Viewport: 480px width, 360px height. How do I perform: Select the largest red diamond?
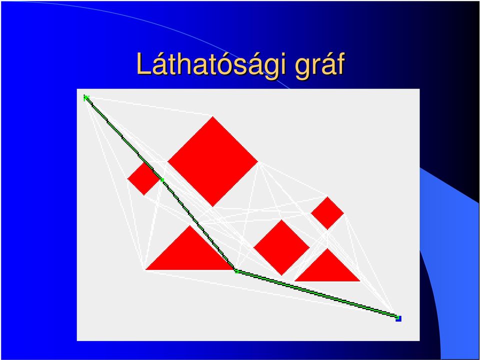[213, 161]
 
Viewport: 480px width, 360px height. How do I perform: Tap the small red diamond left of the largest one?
[144, 179]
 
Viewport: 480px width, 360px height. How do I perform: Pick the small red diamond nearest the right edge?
[327, 213]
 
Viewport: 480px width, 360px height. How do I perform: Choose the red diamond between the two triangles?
[281, 247]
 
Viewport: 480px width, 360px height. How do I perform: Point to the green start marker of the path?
[86, 98]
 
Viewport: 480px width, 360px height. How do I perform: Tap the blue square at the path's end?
[398, 318]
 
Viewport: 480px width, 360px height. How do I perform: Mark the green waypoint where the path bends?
[236, 271]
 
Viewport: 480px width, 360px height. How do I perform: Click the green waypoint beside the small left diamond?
[162, 180]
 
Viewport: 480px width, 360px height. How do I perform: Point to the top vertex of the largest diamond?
[213, 116]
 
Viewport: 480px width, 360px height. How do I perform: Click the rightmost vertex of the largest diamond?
[258, 161]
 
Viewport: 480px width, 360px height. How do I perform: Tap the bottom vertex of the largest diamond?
[213, 206]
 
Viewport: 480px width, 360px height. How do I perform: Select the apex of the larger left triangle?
[190, 225]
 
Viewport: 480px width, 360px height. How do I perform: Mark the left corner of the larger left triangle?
[145, 269]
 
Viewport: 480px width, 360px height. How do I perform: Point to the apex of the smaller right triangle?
[327, 248]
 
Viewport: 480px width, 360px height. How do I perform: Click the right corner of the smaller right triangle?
[359, 280]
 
